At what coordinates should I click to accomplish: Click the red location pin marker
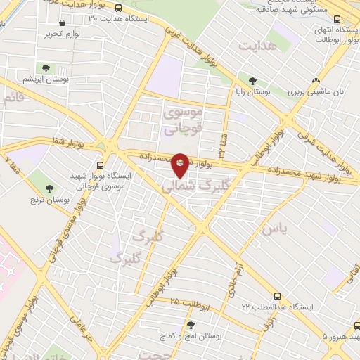(181, 165)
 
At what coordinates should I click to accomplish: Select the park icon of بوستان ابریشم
(46, 68)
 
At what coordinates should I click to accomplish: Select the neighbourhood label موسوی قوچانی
(183, 120)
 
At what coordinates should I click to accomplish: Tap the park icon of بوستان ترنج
(49, 188)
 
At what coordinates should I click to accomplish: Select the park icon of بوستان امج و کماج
(191, 324)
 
